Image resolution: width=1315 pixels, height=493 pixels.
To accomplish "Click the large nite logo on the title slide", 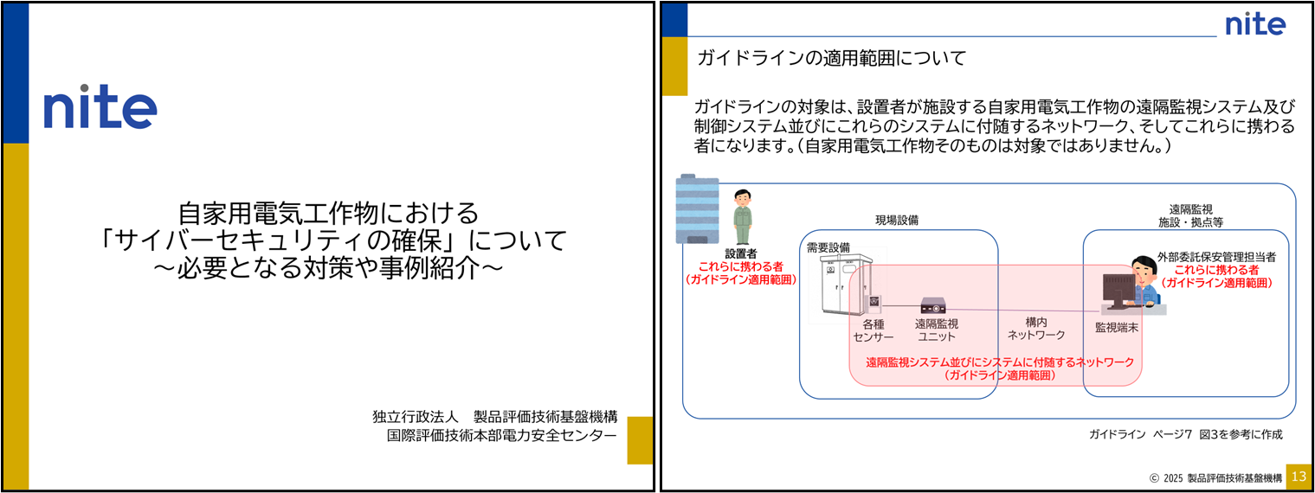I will [x=100, y=106].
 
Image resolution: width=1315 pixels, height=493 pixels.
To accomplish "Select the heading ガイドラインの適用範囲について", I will [x=831, y=59].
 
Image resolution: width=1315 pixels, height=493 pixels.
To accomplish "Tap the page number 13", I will [x=1298, y=477].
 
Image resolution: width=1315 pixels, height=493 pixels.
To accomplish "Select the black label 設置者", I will [x=741, y=253].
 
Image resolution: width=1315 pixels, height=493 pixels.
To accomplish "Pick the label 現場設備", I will [x=896, y=221].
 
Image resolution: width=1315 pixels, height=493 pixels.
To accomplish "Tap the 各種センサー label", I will [x=873, y=330].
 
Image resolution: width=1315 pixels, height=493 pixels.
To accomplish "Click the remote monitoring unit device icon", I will [x=932, y=305].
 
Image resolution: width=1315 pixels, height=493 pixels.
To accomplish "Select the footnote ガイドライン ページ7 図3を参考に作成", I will [x=1185, y=434].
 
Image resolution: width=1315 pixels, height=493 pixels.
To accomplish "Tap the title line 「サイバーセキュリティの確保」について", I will [x=332, y=240].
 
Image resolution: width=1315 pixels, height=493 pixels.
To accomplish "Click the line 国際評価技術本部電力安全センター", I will [x=502, y=435].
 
